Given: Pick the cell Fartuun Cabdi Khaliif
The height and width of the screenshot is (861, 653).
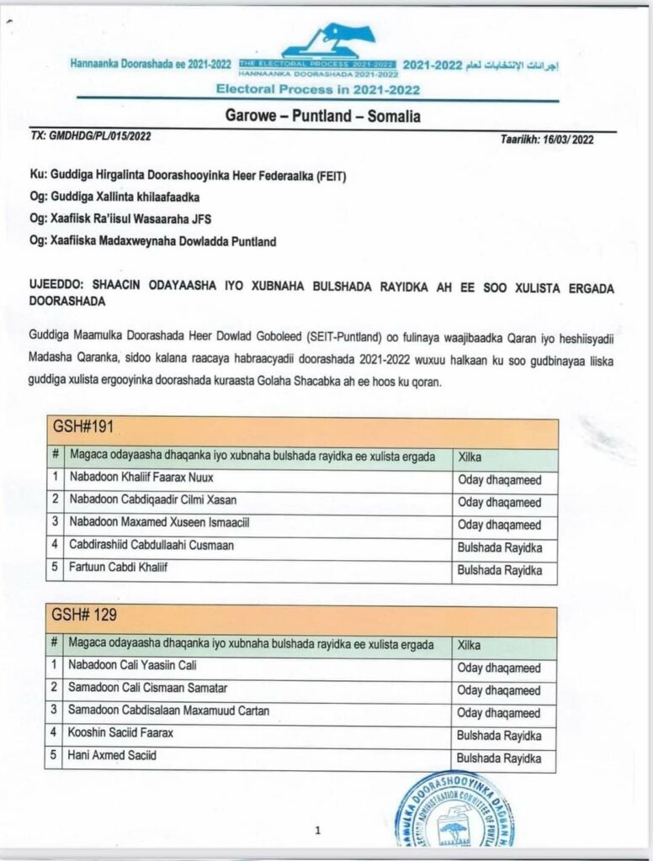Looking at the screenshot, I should coord(119,568).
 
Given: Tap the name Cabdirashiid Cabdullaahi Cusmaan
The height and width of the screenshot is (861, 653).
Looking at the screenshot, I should coord(151,546).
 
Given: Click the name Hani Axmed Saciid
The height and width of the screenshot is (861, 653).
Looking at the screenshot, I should coord(112,756).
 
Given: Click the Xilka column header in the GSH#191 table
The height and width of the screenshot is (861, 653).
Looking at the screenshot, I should coord(469,457).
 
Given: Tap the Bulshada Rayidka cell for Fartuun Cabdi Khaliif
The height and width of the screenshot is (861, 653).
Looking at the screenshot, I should coord(499,570).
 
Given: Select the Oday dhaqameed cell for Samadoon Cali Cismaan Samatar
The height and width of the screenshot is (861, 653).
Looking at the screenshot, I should coord(498,690).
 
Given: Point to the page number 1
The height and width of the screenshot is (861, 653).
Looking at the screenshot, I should coord(317,831).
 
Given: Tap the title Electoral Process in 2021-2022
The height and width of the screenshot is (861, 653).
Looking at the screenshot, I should coord(318,89).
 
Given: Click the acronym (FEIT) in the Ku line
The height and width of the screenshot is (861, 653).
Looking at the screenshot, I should coord(330,177).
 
